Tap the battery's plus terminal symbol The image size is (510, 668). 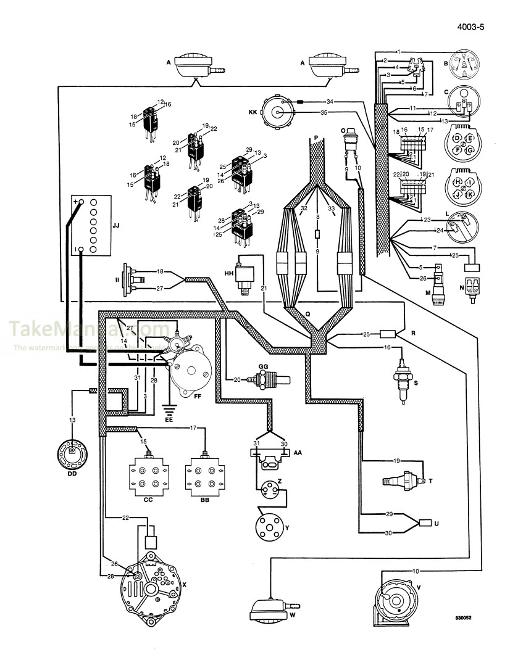77,202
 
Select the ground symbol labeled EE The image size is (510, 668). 169,408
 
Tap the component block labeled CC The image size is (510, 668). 148,475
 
